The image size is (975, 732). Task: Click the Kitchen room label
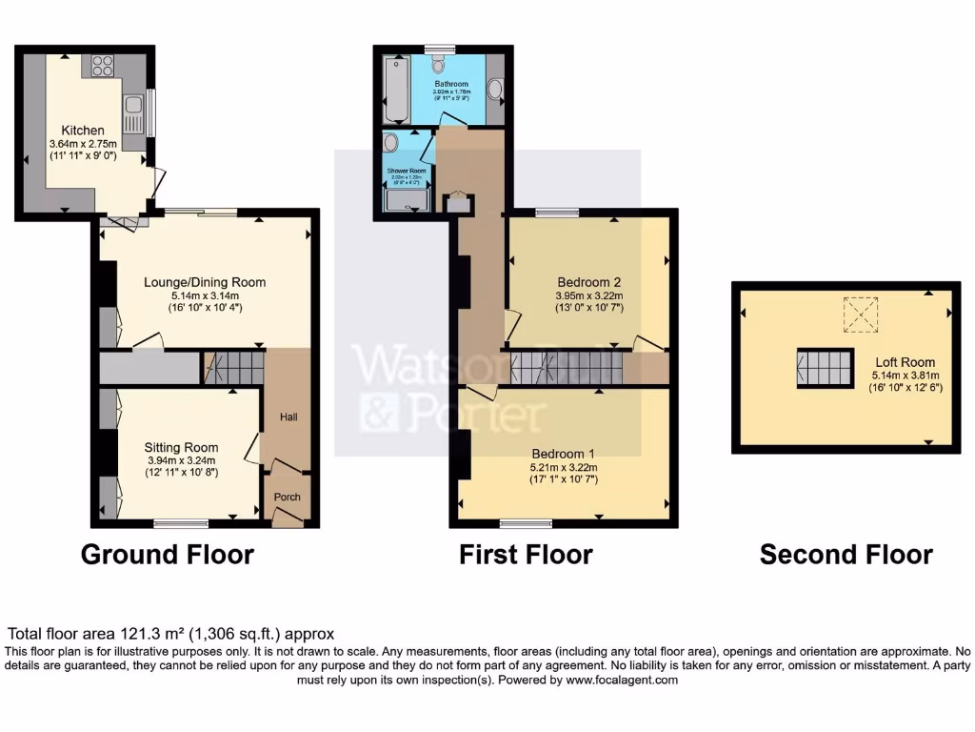[83, 130]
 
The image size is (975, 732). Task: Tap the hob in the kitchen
[102, 67]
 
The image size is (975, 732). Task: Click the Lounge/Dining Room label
[205, 282]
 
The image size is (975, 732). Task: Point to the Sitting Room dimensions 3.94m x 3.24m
[181, 460]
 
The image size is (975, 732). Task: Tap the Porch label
[287, 498]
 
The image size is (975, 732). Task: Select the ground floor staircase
[232, 367]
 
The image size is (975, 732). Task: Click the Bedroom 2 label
[588, 282]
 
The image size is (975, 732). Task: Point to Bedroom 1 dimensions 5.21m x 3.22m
[563, 467]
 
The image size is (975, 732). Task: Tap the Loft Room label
[905, 362]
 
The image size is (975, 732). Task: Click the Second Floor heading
[846, 555]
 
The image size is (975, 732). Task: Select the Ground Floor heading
[168, 555]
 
